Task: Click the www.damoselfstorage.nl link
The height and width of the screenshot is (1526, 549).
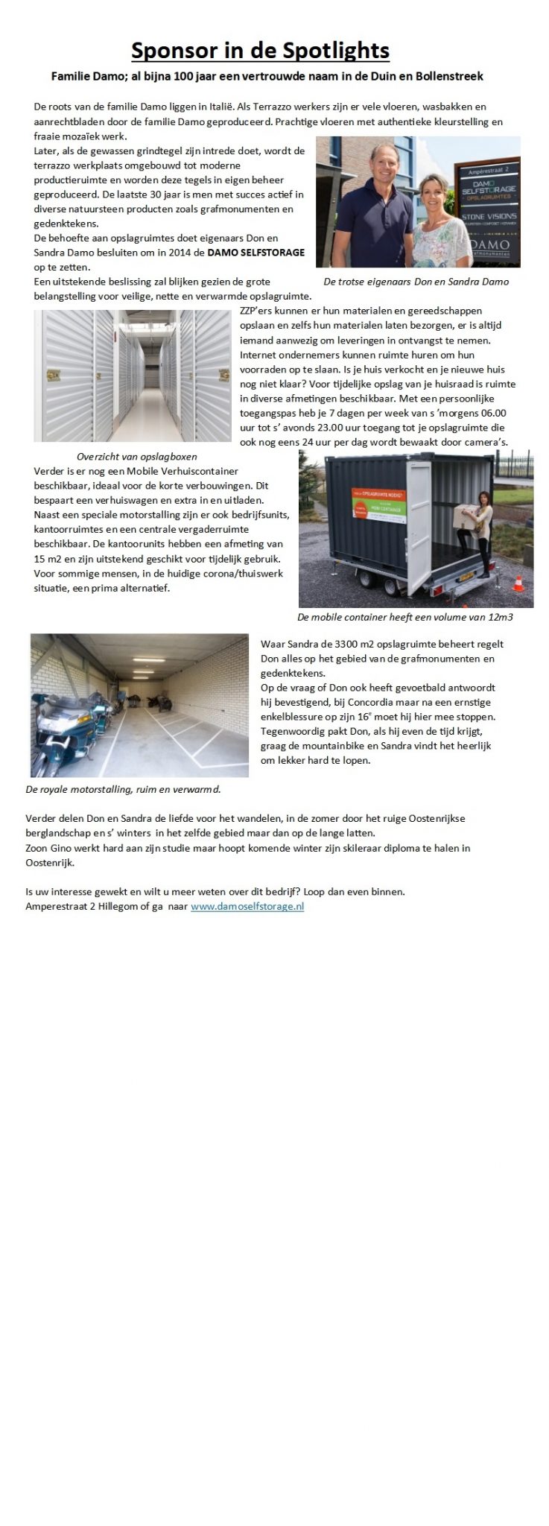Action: point(247,907)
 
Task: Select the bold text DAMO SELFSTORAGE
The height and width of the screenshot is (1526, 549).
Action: point(256,253)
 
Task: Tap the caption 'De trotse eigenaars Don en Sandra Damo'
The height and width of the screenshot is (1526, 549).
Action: point(416,282)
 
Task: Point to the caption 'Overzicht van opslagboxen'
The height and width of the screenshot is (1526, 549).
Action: point(137,456)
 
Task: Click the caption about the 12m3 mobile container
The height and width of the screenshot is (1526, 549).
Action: point(404,617)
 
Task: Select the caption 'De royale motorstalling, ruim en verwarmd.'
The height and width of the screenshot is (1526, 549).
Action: point(123,789)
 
